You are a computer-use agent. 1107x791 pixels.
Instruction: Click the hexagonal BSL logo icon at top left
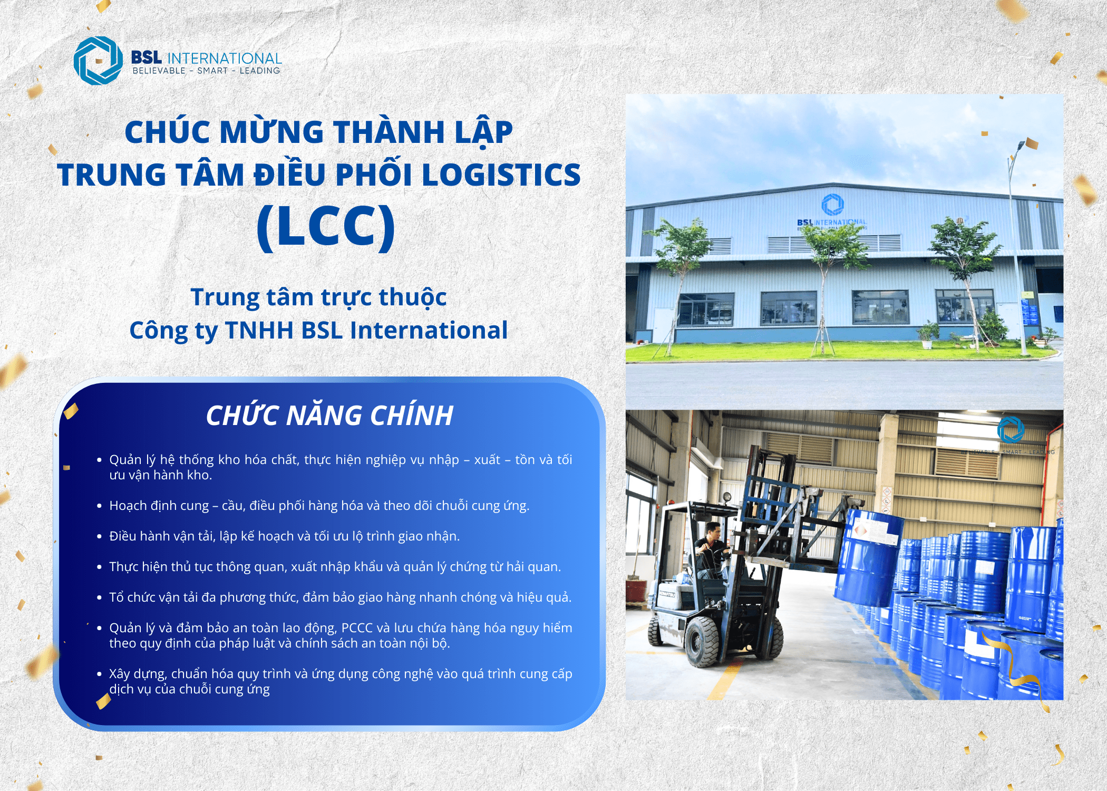pyautogui.click(x=99, y=60)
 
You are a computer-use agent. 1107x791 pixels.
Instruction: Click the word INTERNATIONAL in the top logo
pyautogui.click(x=225, y=58)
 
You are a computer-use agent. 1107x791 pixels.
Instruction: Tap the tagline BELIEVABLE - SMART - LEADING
pyautogui.click(x=206, y=71)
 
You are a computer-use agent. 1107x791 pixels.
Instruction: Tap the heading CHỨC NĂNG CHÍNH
pyautogui.click(x=329, y=415)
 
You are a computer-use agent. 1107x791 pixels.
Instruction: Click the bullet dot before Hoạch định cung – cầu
pyautogui.click(x=99, y=506)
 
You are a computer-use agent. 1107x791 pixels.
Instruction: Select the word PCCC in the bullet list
pyautogui.click(x=358, y=628)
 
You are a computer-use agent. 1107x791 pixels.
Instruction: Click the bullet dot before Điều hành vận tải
pyautogui.click(x=99, y=536)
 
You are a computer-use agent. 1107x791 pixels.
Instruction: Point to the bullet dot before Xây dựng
pyautogui.click(x=99, y=674)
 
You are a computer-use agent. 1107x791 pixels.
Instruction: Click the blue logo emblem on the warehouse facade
pyautogui.click(x=833, y=204)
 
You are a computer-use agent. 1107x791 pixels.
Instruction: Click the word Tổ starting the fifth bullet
pyautogui.click(x=116, y=597)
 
